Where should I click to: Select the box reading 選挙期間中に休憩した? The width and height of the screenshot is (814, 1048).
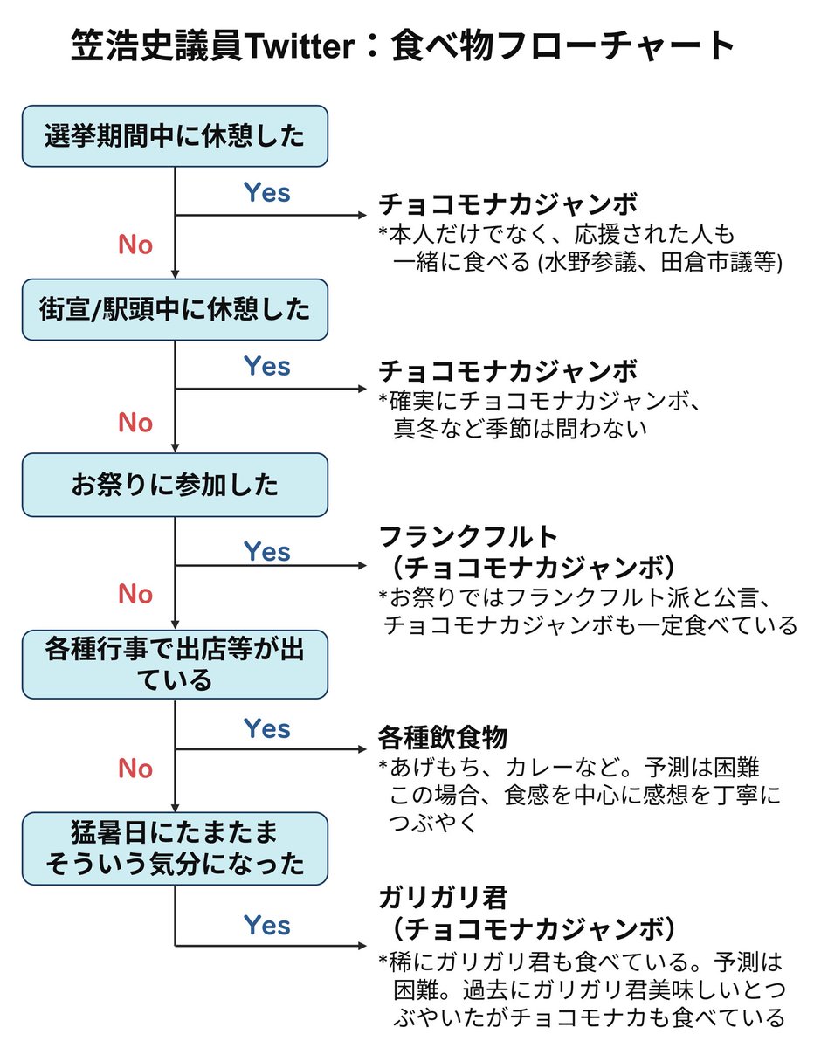coord(175,136)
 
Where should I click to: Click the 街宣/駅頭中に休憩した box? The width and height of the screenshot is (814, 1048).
coord(175,309)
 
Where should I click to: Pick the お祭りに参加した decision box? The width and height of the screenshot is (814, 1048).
coord(175,485)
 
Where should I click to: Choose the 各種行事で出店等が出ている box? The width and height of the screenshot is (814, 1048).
coord(175,664)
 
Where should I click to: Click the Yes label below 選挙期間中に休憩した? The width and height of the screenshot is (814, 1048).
coord(266,192)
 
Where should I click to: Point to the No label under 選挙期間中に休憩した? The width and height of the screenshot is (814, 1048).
coord(135,245)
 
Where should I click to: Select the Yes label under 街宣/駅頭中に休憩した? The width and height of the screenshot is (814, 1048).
coord(266,366)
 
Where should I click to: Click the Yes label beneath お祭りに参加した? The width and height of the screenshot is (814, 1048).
coord(266,552)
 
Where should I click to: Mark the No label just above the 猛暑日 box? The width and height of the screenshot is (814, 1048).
coord(135,769)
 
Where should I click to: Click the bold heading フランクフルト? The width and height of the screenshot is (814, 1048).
coord(468,535)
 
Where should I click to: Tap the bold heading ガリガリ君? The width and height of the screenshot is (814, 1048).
coord(443,896)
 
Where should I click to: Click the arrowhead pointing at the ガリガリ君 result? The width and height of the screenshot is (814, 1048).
coord(358,946)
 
